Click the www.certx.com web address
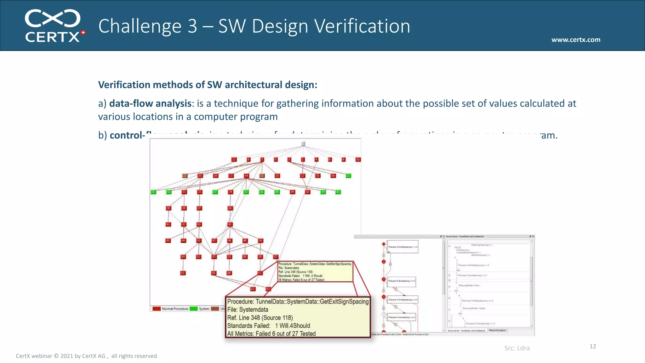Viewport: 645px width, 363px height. [575, 40]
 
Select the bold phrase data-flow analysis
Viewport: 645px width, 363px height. [150, 103]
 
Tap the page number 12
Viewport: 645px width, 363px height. [592, 346]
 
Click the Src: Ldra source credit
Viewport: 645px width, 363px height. [517, 348]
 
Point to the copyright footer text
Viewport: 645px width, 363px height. [86, 356]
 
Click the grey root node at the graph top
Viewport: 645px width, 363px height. [303, 144]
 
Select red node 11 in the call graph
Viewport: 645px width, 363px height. [234, 159]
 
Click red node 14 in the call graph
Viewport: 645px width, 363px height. [246, 176]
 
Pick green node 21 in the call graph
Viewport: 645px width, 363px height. [348, 176]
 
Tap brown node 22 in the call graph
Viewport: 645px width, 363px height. [185, 176]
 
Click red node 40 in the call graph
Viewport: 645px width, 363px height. [230, 224]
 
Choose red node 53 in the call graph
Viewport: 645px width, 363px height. [214, 257]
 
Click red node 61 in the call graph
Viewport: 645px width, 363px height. [183, 273]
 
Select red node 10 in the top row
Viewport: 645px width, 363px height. [358, 159]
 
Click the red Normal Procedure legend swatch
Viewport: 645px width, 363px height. [157, 309]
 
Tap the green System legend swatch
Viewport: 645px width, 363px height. [194, 309]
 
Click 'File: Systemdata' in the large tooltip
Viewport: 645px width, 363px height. [248, 310]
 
